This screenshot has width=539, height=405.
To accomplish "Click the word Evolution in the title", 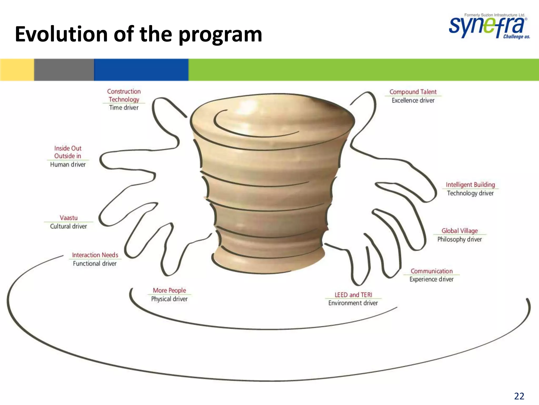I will click(61, 34).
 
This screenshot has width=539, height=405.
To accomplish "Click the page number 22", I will click(519, 396).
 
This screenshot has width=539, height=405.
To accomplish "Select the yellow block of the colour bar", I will click(17, 70).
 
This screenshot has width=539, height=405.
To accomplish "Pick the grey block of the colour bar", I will click(64, 70).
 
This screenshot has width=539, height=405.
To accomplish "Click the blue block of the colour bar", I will click(141, 70).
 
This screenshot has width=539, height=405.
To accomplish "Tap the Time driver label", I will click(124, 108).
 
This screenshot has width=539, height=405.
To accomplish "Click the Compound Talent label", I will click(413, 92).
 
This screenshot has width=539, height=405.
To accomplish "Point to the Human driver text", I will click(68, 165).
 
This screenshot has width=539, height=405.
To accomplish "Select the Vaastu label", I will click(69, 218).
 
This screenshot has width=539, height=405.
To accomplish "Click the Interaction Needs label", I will click(95, 255).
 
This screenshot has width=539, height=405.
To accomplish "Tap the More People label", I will click(169, 290).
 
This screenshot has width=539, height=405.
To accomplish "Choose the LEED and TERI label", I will click(353, 295).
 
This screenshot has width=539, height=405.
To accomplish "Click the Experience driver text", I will click(431, 279).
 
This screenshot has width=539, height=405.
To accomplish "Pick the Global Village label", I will click(460, 231).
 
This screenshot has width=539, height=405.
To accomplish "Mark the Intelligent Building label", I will click(470, 185).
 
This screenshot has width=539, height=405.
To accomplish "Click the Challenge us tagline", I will click(516, 37).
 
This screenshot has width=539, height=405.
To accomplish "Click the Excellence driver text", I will click(413, 100).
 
